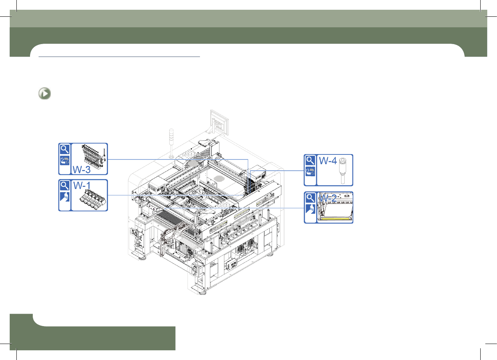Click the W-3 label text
coord(81,170)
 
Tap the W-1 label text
coord(82,186)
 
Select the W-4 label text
coord(328,161)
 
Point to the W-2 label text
coord(328,198)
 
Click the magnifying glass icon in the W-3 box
coord(65,149)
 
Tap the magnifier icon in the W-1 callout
coord(65,186)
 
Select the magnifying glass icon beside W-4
coord(310,160)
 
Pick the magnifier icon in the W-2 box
coord(310,198)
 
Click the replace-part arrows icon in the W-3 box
coord(65,160)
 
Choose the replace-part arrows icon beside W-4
coord(310,171)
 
